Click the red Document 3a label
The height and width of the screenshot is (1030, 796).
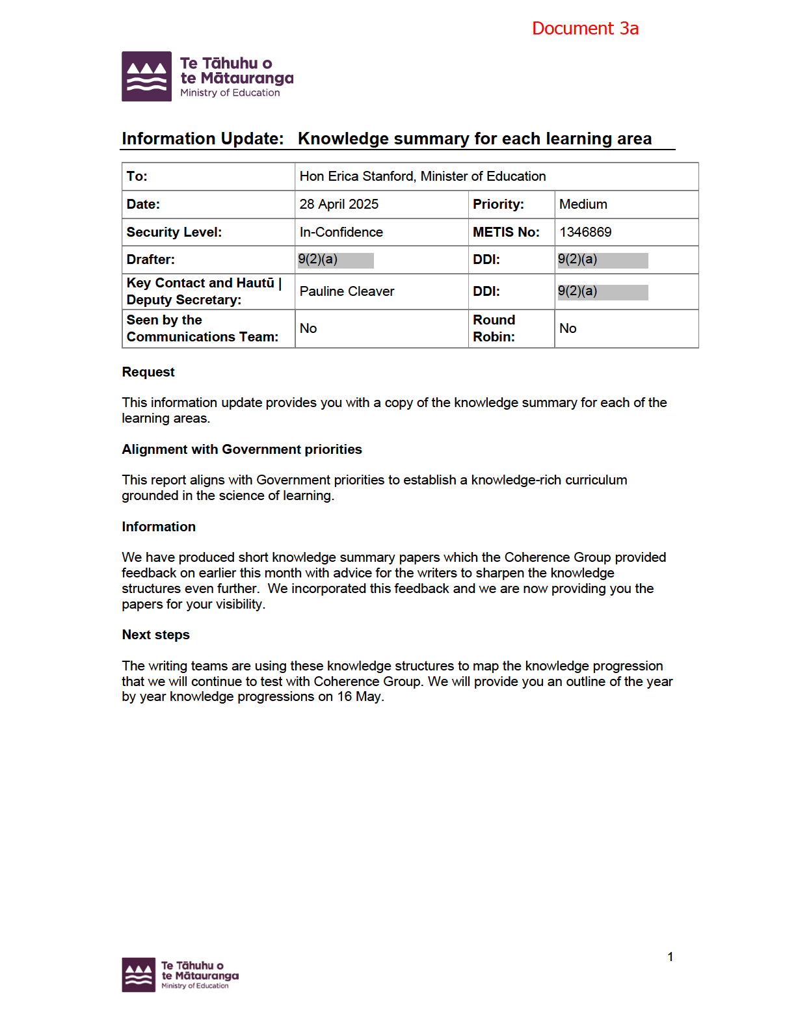[x=585, y=29]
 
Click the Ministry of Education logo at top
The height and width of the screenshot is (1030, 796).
[x=207, y=77]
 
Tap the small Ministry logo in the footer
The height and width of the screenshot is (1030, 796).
[x=180, y=975]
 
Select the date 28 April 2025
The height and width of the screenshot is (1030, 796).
[x=339, y=204]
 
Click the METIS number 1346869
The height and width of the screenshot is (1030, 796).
[x=585, y=232]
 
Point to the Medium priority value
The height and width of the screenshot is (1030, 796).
[x=583, y=204]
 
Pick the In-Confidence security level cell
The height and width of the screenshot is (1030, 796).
[x=341, y=232]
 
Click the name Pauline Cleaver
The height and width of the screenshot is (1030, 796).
[x=347, y=291]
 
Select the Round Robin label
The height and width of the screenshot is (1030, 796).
[x=494, y=328]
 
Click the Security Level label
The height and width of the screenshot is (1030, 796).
[x=174, y=232]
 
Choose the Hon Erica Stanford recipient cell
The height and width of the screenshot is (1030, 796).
[x=422, y=176]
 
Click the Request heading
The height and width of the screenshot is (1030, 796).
[x=148, y=372]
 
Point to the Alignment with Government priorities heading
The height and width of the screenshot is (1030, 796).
[x=241, y=449]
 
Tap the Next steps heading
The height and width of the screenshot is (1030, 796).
[x=155, y=635]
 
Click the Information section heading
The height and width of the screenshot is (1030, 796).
[x=159, y=527]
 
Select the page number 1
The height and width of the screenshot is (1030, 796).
[x=670, y=957]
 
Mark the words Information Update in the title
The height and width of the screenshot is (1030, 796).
[x=202, y=139]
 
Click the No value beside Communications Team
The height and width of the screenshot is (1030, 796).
[x=308, y=328]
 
